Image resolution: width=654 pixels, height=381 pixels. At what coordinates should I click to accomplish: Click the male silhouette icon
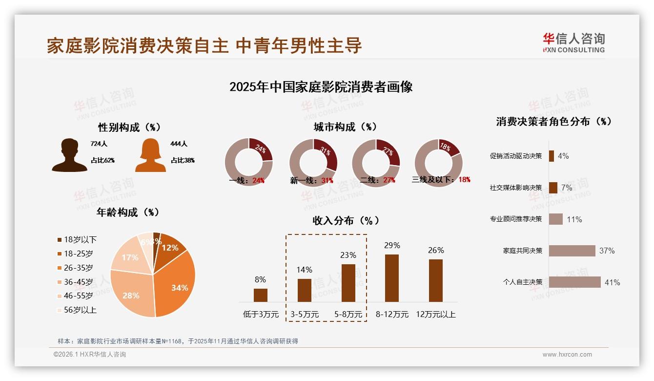tap(69, 155)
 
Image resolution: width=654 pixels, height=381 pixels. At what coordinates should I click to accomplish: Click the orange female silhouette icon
tap(150, 155)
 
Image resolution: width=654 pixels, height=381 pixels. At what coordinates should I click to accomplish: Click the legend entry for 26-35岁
tap(78, 268)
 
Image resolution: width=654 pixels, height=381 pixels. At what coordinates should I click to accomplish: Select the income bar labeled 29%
tap(391, 278)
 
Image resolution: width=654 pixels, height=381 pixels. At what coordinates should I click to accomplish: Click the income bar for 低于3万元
tap(260, 295)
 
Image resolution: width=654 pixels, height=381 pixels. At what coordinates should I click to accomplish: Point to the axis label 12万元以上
tap(435, 315)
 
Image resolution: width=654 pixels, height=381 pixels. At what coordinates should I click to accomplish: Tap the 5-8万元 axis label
tap(348, 315)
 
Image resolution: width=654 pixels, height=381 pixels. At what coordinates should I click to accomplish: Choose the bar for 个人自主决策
tap(574, 282)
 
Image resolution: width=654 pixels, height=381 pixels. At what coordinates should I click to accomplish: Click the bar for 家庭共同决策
tap(572, 251)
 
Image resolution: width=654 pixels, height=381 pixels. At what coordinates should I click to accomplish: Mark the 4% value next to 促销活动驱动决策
tap(563, 156)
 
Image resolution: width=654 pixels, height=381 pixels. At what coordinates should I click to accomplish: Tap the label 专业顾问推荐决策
tap(515, 219)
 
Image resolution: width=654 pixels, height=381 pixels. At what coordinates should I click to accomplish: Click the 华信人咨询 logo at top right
tap(573, 42)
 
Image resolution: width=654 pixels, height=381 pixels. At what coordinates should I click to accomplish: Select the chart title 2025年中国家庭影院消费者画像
tap(321, 87)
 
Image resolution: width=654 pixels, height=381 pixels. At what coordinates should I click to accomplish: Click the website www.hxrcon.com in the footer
tap(567, 355)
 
